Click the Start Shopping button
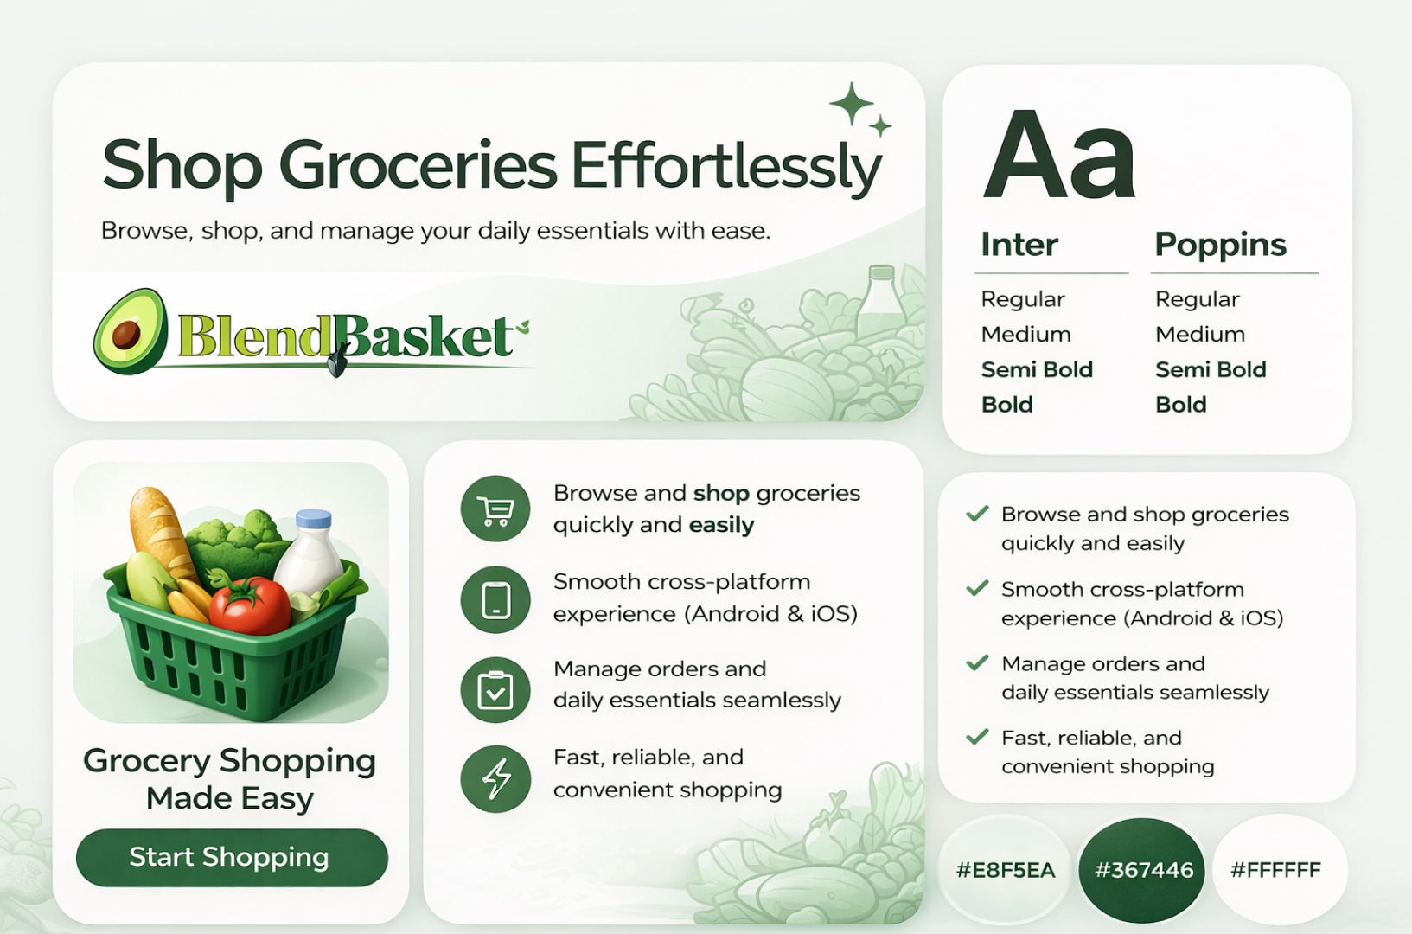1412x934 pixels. point(232,857)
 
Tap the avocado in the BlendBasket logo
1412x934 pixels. point(131,331)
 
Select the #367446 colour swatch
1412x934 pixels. point(1142,870)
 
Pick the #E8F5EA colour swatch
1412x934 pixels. point(1005,870)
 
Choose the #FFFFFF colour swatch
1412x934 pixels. point(1280,870)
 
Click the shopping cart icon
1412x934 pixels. point(495,509)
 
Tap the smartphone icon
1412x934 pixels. point(495,599)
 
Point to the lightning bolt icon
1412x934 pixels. point(495,778)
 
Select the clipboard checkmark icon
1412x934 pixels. point(495,689)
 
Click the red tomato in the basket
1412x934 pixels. point(250,605)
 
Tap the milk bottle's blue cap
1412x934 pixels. point(313,518)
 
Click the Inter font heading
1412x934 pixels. point(1019,244)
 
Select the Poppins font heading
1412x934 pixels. point(1220,245)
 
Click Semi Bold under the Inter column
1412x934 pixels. point(1037,369)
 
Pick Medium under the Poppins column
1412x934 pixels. point(1200,334)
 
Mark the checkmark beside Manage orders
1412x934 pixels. point(977,662)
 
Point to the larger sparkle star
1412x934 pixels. point(852,104)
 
